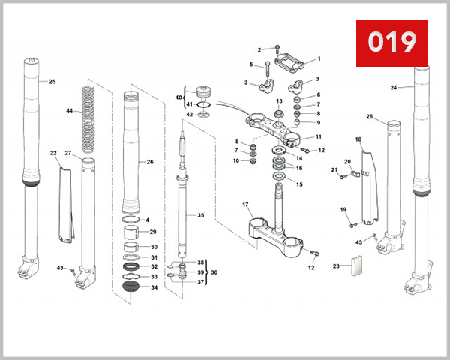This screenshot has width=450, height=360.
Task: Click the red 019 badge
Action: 391,42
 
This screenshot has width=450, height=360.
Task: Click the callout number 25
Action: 52,81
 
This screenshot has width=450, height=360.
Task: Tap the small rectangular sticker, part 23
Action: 356,266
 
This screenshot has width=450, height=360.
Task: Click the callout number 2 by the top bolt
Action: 259,50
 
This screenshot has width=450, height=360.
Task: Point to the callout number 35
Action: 200,215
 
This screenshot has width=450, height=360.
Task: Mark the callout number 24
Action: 394,88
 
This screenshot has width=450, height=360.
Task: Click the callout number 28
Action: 370,117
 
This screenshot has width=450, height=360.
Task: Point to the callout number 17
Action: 245,205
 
